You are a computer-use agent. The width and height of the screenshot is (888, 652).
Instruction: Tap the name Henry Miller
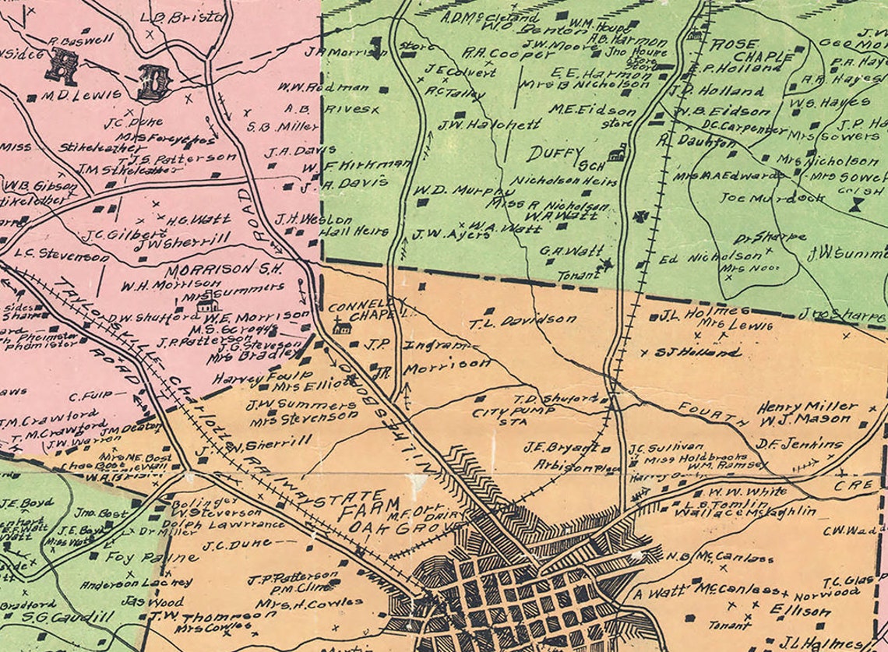[x=818, y=406]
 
